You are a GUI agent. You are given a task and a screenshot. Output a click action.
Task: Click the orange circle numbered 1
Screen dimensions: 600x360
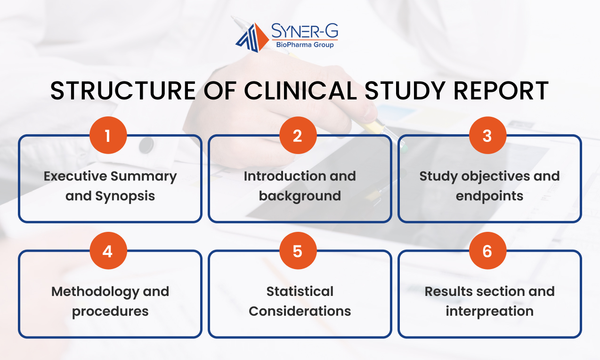pyautogui.click(x=108, y=135)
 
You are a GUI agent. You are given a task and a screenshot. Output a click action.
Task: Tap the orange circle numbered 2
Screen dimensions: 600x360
pyautogui.click(x=298, y=135)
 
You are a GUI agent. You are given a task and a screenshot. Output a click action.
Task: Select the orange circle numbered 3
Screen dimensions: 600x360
pyautogui.click(x=487, y=135)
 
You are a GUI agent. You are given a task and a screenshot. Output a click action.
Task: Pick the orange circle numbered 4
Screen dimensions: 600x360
pyautogui.click(x=108, y=251)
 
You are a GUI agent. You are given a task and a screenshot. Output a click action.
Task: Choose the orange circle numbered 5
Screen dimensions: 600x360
pyautogui.click(x=298, y=251)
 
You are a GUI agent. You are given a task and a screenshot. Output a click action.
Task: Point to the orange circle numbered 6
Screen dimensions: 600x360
pyautogui.click(x=487, y=251)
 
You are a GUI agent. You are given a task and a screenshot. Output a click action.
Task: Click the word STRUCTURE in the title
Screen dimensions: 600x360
pyautogui.click(x=123, y=91)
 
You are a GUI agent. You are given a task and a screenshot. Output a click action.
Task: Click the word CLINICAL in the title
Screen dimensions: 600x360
pyautogui.click(x=300, y=91)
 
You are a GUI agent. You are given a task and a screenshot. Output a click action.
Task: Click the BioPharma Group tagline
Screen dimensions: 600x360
pyautogui.click(x=305, y=45)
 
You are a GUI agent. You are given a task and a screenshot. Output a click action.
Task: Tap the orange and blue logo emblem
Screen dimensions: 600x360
pyautogui.click(x=252, y=38)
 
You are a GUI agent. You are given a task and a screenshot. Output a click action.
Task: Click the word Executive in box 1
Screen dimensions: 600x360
pyautogui.click(x=75, y=176)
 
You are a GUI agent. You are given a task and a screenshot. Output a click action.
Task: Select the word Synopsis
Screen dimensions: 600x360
pyautogui.click(x=125, y=196)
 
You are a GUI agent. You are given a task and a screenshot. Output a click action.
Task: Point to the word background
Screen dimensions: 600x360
pyautogui.click(x=300, y=196)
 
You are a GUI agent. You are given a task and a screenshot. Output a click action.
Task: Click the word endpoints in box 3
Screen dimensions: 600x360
pyautogui.click(x=489, y=196)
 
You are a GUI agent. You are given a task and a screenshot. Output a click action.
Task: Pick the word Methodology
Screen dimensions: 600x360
pyautogui.click(x=95, y=292)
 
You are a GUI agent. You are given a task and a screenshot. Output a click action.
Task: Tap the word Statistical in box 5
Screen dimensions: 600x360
pyautogui.click(x=300, y=291)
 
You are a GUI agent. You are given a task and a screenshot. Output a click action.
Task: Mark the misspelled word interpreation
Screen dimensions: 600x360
pyautogui.click(x=490, y=311)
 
